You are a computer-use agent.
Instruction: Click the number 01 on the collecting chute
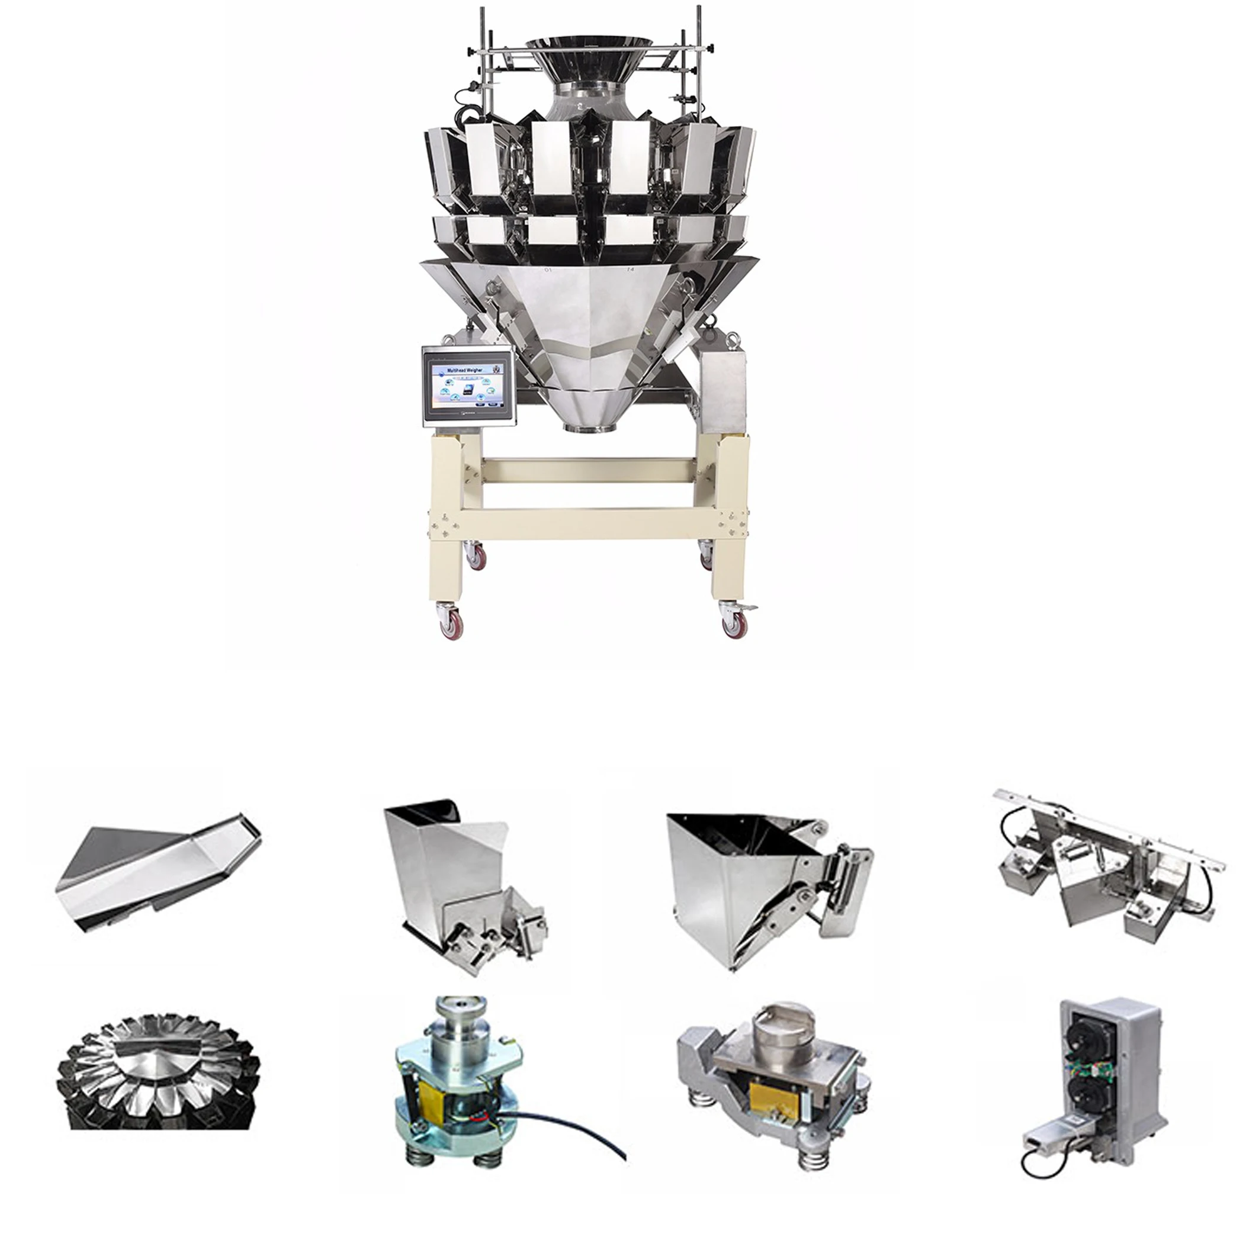pos(547,268)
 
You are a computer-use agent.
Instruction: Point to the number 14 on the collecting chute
pos(629,268)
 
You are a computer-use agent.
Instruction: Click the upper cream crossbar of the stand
pos(588,468)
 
